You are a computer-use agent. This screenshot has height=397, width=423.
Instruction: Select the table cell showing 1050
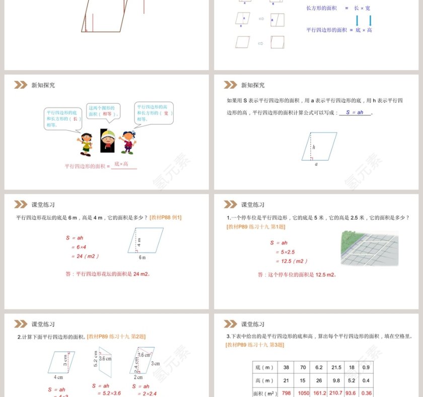click(304, 393)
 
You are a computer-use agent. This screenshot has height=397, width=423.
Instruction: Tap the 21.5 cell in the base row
click(336, 367)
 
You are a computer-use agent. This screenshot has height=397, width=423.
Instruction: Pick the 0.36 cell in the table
click(366, 393)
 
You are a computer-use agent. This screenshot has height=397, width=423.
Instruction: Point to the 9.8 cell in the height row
click(336, 380)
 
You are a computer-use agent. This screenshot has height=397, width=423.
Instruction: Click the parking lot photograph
click(369, 248)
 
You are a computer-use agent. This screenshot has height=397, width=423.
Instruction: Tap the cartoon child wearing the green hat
click(107, 141)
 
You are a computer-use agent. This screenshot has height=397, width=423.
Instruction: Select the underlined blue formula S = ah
click(355, 113)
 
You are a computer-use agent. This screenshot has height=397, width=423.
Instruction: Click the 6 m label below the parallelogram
click(142, 257)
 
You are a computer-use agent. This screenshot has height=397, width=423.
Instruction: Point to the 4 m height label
click(139, 241)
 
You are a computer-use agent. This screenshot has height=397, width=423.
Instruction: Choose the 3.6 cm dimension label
click(105, 359)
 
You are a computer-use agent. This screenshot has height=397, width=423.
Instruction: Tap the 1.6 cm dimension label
click(145, 354)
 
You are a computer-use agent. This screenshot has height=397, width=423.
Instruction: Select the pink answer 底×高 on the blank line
click(121, 164)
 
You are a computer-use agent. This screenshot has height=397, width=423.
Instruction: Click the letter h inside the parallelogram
click(314, 147)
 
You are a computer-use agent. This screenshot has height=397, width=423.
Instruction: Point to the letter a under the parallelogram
click(316, 163)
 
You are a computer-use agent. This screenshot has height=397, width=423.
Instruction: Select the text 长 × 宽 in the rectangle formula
click(362, 8)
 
